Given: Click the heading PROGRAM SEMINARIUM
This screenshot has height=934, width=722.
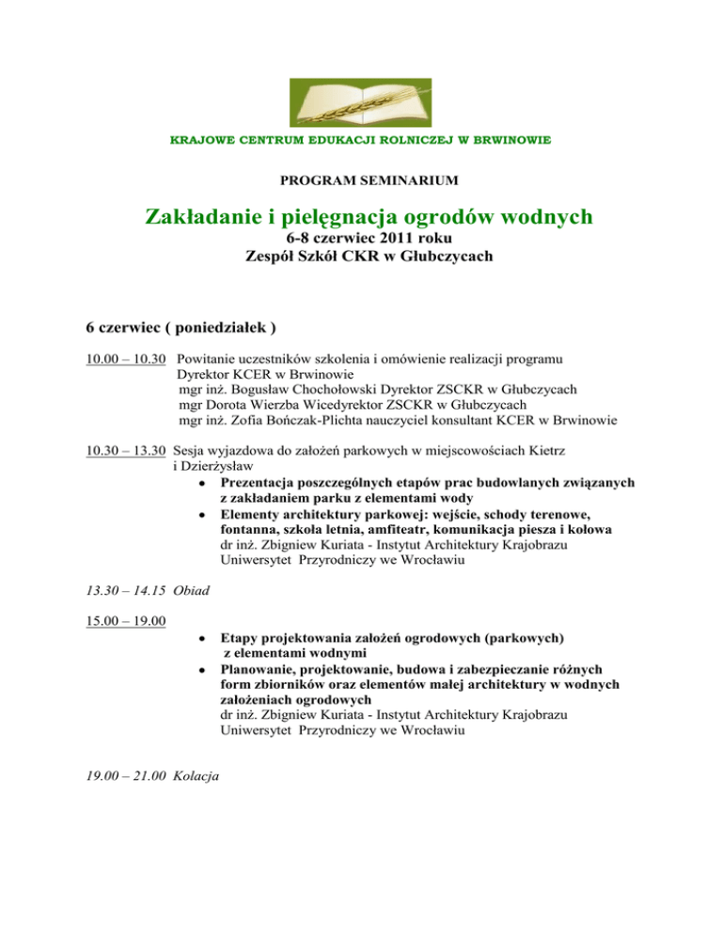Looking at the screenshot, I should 360,179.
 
